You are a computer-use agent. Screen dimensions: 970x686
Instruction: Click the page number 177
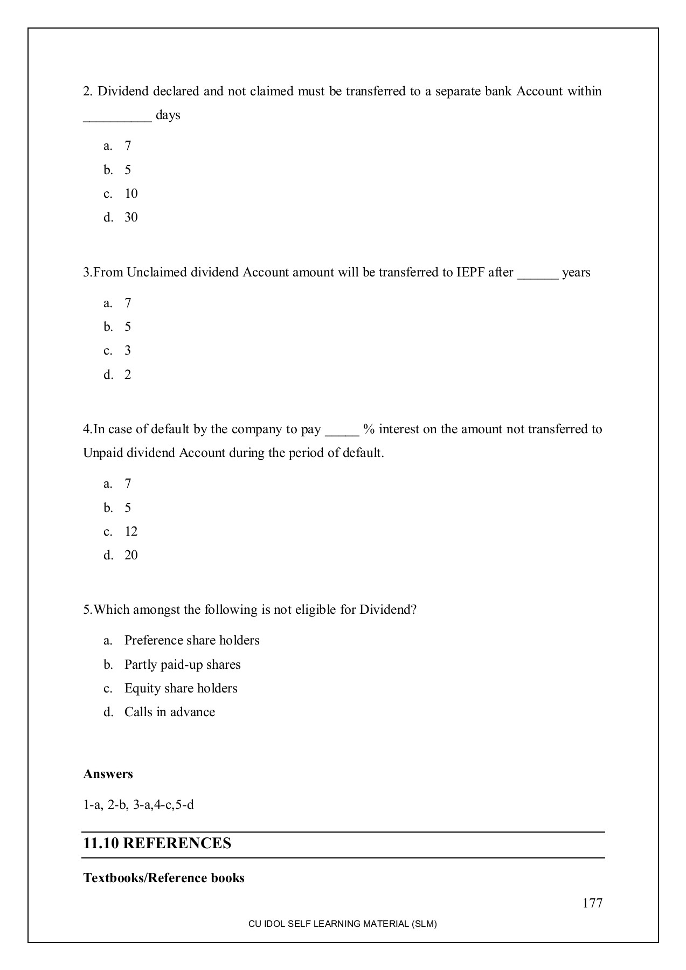tap(592, 903)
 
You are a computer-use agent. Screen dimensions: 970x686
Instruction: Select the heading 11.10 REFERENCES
tap(157, 843)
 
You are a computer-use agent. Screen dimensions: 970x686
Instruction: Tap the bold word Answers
tap(108, 774)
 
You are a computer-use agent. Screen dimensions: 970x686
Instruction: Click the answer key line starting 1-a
tap(138, 805)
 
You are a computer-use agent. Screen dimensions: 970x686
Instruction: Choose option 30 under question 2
tap(131, 217)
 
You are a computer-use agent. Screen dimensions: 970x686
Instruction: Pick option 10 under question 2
tap(131, 193)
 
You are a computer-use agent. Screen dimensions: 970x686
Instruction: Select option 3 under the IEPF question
tap(128, 350)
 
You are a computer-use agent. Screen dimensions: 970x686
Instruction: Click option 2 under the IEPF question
tap(128, 375)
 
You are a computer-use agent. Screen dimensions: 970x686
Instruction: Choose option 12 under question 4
tap(131, 531)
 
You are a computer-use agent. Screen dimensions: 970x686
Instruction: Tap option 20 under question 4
tap(131, 555)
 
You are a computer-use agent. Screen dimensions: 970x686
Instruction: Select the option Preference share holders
tap(192, 640)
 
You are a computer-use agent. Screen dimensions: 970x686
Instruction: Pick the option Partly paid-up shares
tap(182, 664)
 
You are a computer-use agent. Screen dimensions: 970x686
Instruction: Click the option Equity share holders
tap(181, 688)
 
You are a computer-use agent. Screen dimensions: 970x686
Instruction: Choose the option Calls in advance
tap(170, 712)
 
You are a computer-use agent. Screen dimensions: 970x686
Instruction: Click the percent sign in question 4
tap(369, 429)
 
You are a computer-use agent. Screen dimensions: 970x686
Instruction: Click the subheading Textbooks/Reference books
tap(164, 878)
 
